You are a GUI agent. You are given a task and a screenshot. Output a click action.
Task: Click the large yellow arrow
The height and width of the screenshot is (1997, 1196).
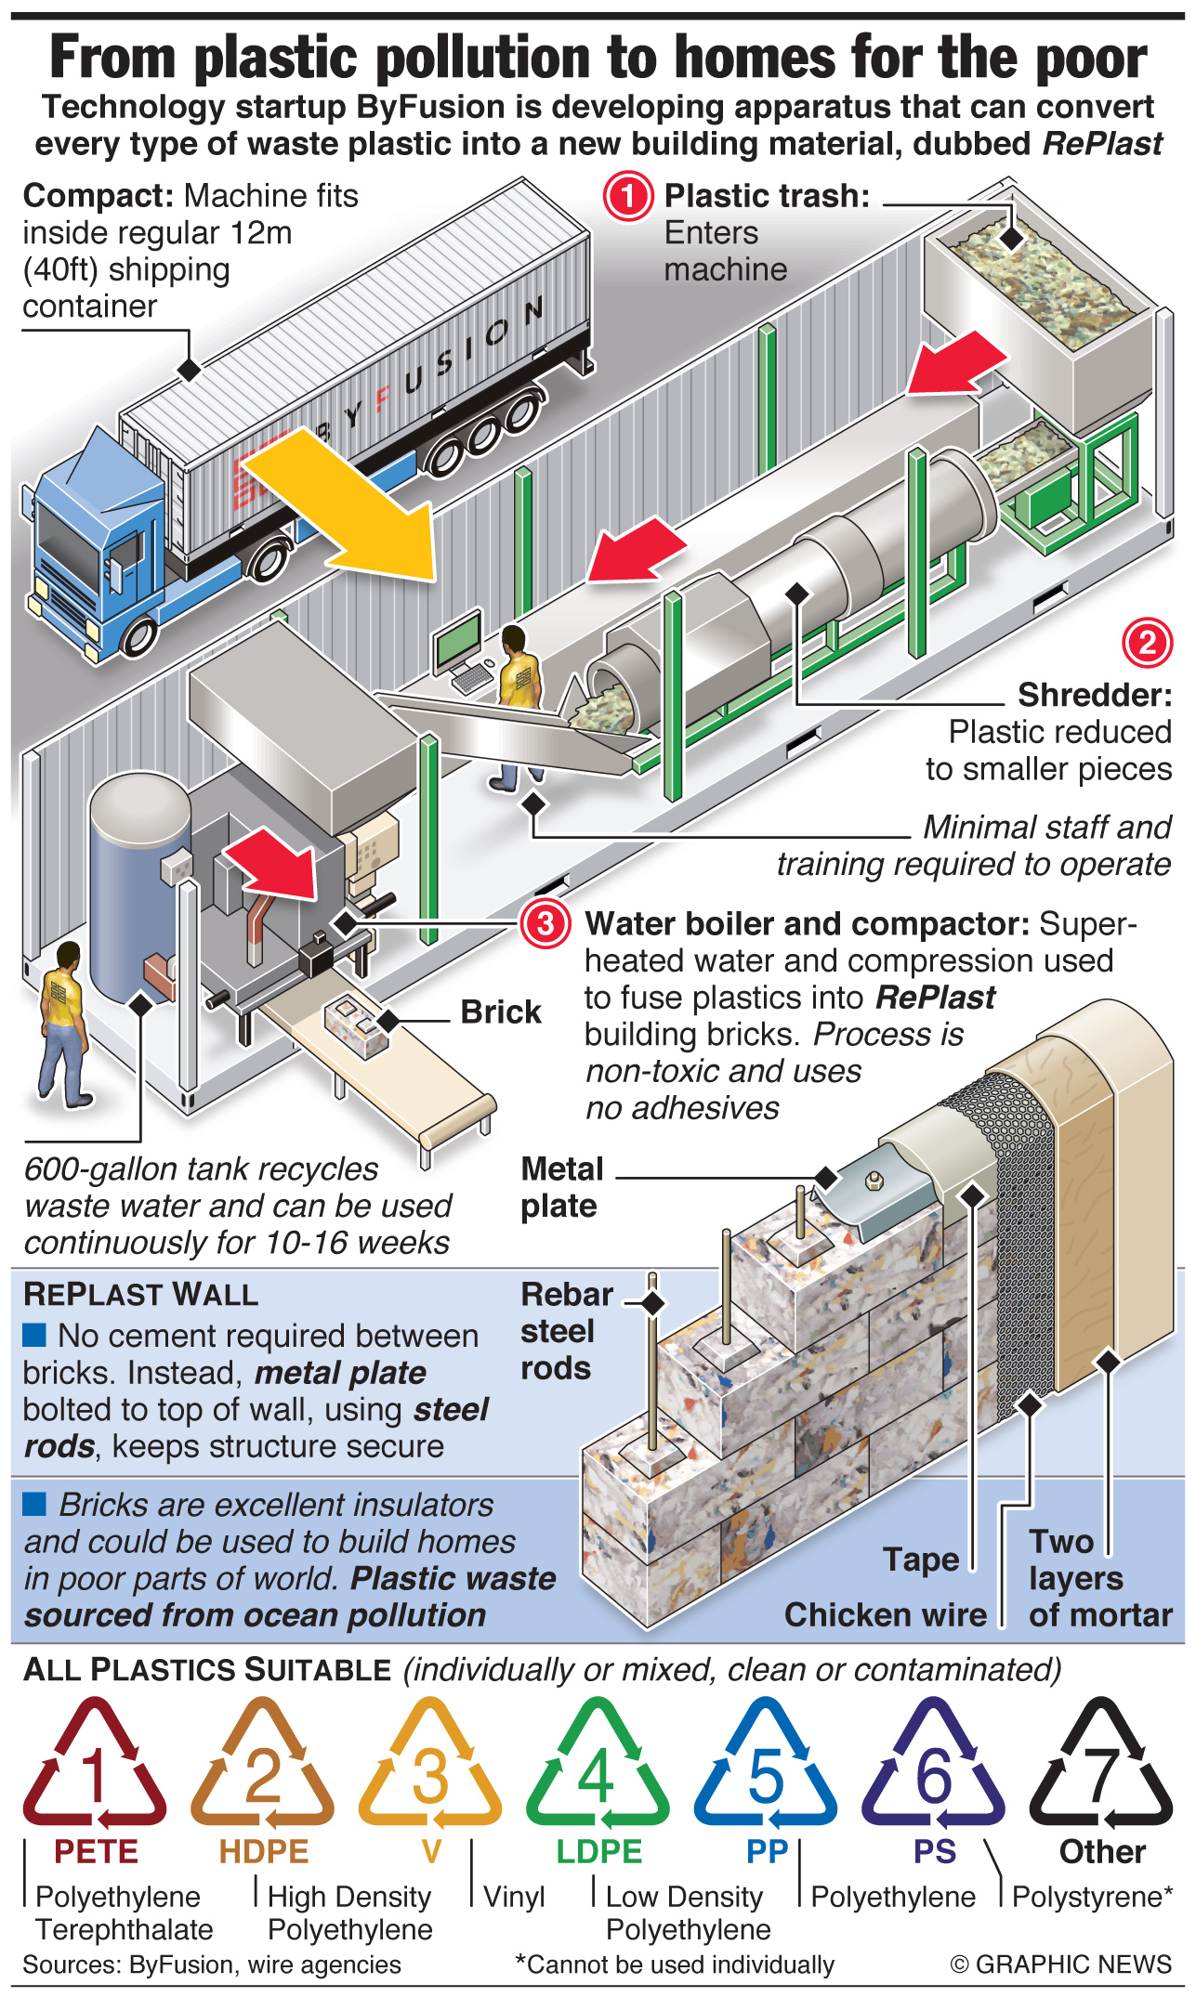click(x=348, y=506)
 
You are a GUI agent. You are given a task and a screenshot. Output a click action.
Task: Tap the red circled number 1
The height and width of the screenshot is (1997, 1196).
click(x=628, y=196)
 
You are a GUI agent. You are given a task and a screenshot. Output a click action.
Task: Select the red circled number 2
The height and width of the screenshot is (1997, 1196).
click(x=1147, y=643)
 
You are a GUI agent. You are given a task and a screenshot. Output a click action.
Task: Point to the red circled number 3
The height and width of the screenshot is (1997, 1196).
click(x=545, y=923)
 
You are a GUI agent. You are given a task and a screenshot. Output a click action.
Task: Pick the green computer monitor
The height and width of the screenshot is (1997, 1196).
click(x=459, y=641)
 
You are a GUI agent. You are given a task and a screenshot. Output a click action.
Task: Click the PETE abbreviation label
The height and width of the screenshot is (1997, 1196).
click(x=96, y=1851)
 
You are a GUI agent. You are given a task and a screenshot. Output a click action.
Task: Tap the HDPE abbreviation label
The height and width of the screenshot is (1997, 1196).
click(x=263, y=1851)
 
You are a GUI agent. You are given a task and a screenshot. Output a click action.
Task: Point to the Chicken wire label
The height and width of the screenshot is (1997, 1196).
click(x=885, y=1615)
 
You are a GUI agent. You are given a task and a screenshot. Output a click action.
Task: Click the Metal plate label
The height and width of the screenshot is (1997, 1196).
click(x=561, y=1187)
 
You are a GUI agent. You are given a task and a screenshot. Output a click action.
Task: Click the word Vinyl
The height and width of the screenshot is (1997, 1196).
click(x=514, y=1896)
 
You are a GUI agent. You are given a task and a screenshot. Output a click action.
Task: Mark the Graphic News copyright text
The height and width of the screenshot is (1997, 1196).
click(x=1060, y=1964)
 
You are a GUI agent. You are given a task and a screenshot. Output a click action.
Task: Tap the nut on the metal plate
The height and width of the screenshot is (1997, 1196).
click(x=874, y=1181)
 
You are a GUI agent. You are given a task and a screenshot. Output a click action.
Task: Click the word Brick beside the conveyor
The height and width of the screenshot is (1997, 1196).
click(x=500, y=1012)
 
